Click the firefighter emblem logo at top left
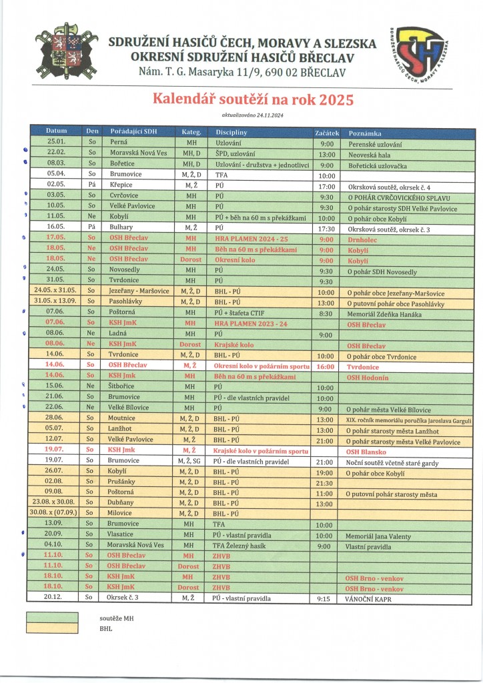[x=66, y=53]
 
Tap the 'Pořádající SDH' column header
[x=133, y=132]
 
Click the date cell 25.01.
[x=55, y=143]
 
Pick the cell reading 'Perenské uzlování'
[x=375, y=143]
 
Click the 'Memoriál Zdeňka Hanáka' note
[x=384, y=313]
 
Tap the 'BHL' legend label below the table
[x=106, y=628]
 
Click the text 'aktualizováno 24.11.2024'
[x=253, y=115]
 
